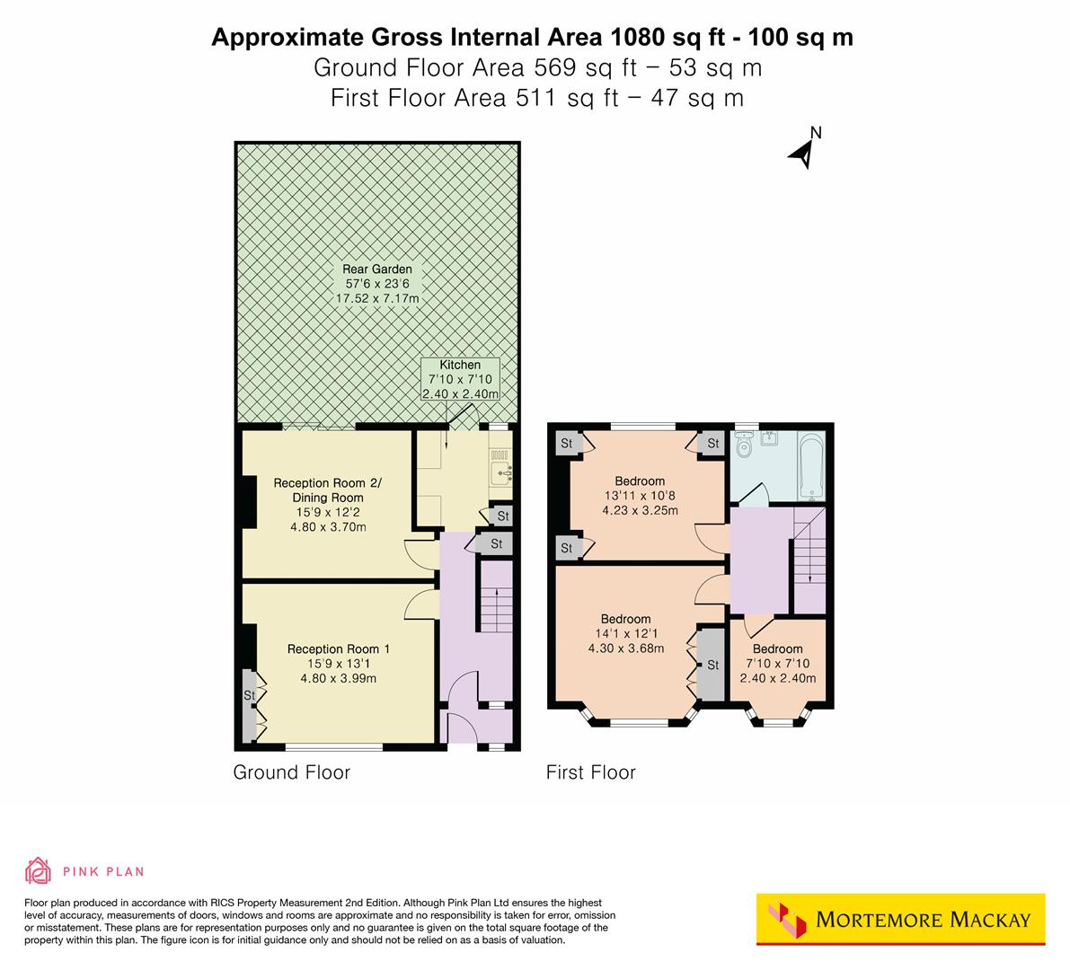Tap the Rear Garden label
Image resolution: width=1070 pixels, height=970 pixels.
coord(376,269)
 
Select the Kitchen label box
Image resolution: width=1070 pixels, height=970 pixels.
coord(460,380)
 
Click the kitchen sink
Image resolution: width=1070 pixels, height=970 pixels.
coord(500,468)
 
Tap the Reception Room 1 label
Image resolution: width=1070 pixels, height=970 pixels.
coord(339,648)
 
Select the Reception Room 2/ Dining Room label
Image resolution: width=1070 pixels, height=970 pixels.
coord(327,490)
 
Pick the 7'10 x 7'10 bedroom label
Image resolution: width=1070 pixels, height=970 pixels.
coord(777,664)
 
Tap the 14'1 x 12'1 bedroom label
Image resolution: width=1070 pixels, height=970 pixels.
coord(625,633)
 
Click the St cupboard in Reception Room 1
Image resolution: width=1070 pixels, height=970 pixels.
coord(248,696)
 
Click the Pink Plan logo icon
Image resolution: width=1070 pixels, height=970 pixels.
coord(38,870)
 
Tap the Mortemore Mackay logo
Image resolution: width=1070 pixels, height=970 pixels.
coord(900,919)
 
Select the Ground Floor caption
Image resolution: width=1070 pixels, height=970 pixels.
coord(291,772)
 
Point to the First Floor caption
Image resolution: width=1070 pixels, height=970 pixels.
coord(590,772)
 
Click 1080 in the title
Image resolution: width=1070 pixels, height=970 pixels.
coord(635,38)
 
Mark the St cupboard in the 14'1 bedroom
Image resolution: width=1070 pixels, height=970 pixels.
coord(712,665)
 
